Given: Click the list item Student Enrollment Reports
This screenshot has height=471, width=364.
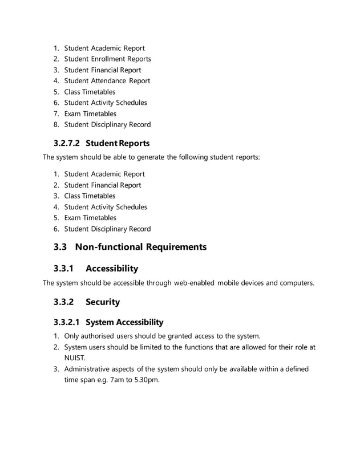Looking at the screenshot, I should (107, 59).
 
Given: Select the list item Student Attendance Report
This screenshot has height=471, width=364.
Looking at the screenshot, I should (107, 81).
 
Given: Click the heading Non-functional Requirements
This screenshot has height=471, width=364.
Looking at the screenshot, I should (140, 247).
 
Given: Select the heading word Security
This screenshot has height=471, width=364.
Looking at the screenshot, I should (103, 302).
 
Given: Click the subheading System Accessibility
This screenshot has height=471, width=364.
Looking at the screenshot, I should (124, 322).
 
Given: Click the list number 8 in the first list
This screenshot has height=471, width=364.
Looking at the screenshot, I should (56, 124).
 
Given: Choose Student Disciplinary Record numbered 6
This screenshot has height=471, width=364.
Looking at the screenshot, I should (107, 229).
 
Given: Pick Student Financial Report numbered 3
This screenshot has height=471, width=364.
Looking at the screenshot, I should (102, 70).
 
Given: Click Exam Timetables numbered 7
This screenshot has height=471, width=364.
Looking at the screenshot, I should (90, 113).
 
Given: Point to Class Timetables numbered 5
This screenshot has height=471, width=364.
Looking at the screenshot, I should (90, 92).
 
